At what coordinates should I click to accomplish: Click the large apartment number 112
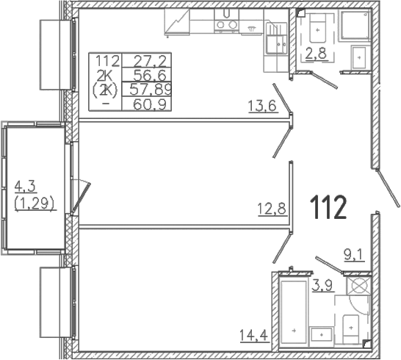coord(328,207)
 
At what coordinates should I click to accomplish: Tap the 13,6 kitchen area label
coord(262,107)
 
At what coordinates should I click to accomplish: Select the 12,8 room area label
coord(272,209)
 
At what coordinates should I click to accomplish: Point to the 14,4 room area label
coord(253,335)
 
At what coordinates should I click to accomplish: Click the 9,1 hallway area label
coord(354,256)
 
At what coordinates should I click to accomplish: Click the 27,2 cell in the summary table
coord(150,61)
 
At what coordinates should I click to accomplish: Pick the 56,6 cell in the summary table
coord(150,75)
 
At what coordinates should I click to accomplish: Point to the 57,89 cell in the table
coord(151,90)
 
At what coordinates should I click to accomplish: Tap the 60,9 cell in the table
coord(150,104)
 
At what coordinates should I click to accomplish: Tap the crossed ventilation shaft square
coord(358,286)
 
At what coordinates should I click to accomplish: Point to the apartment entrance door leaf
coord(389,188)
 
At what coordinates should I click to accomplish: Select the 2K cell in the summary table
coord(104,75)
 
